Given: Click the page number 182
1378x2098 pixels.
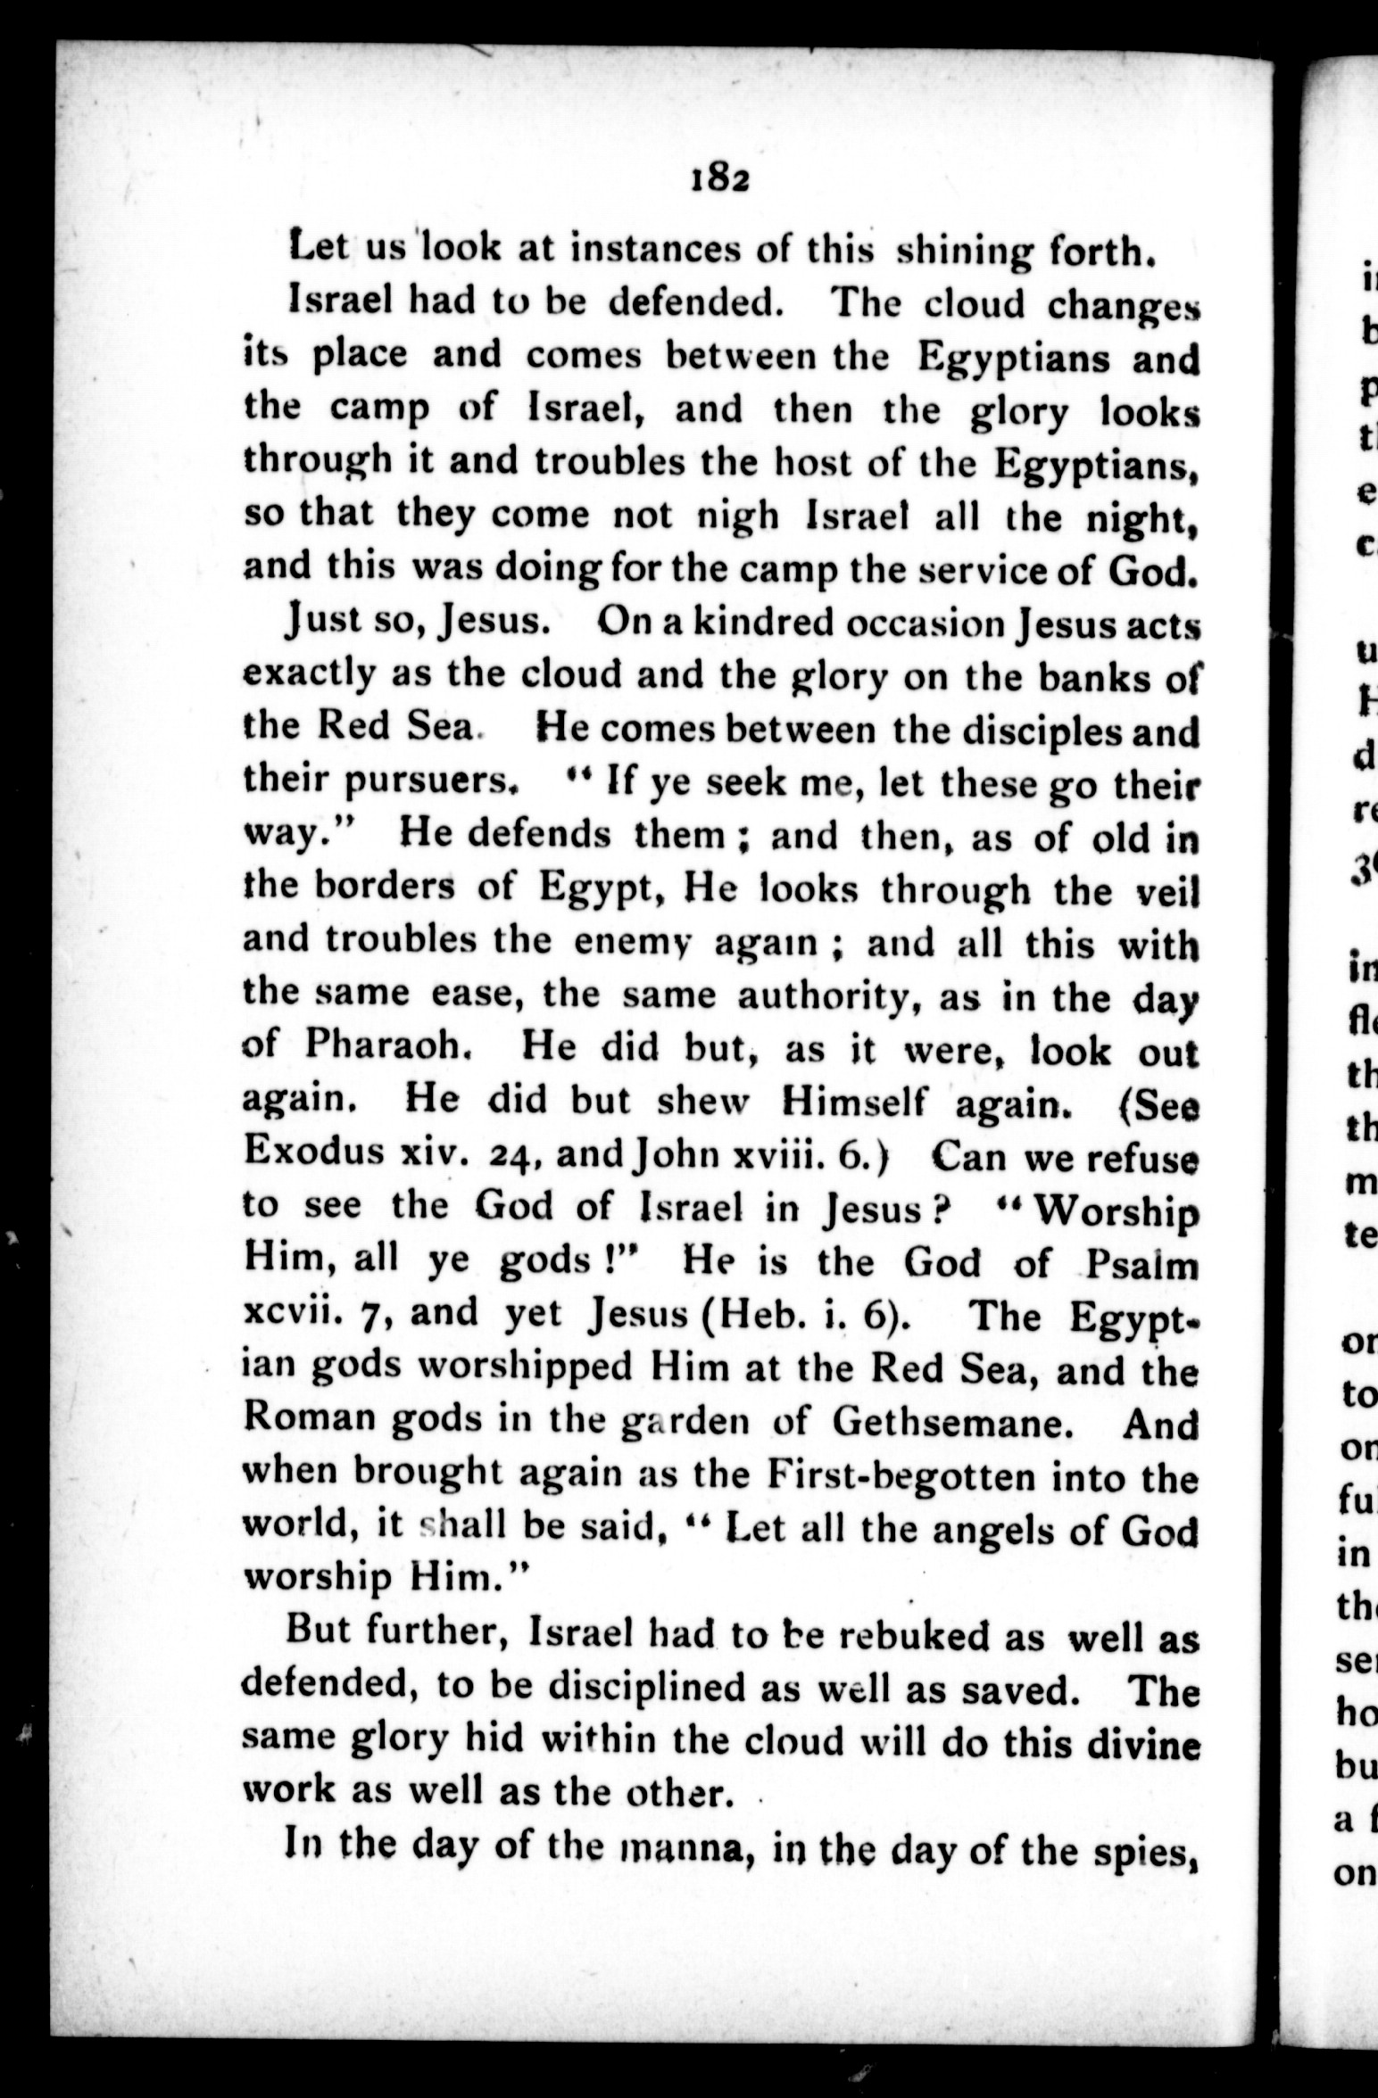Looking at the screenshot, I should tap(718, 179).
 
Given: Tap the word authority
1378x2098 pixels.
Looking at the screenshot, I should tap(819, 995).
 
